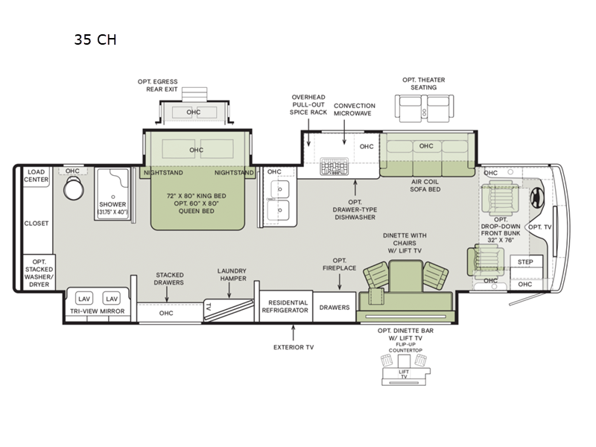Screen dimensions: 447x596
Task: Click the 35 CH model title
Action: pos(95,39)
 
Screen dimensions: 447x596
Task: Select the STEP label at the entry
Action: pos(525,262)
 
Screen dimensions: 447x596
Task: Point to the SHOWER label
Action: pos(113,204)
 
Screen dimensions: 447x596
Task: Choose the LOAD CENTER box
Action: pos(36,176)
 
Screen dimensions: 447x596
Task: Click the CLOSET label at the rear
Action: pos(36,223)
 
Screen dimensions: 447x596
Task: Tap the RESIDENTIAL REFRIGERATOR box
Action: pos(284,306)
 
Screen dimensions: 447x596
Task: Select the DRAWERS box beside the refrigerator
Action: pos(335,306)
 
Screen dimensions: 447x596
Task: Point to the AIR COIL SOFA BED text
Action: pos(425,185)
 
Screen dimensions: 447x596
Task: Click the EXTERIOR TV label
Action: pos(294,346)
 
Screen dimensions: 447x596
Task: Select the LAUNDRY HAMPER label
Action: pos(232,274)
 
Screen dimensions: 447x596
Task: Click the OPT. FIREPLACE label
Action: pos(339,264)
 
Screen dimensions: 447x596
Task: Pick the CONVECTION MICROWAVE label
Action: pos(354,110)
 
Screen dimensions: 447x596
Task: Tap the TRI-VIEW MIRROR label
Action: pos(97,311)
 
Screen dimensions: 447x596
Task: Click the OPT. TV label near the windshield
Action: pos(539,226)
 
